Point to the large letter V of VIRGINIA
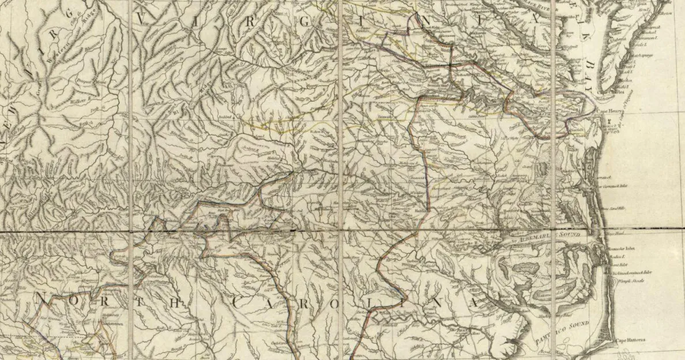click(x=142, y=19)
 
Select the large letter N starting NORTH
click(x=41, y=298)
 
